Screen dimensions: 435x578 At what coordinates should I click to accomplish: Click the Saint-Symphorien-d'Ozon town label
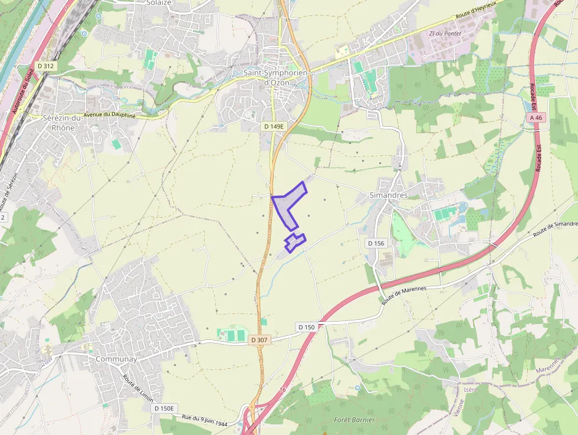pyautogui.click(x=275, y=77)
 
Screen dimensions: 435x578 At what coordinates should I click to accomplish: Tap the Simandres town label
pyautogui.click(x=388, y=195)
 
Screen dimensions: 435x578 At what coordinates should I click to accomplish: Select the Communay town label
pyautogui.click(x=116, y=359)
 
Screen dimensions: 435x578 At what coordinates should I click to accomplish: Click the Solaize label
pyautogui.click(x=158, y=3)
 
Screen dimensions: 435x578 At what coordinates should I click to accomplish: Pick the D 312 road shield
pyautogui.click(x=45, y=66)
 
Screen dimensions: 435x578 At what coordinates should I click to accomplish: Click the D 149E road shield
pyautogui.click(x=274, y=126)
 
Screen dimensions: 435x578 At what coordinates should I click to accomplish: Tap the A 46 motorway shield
pyautogui.click(x=536, y=118)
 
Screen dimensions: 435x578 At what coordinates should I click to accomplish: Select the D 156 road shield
pyautogui.click(x=376, y=243)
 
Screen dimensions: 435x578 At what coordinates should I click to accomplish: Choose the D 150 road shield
pyautogui.click(x=307, y=327)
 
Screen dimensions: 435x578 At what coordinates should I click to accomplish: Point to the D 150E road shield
pyautogui.click(x=165, y=408)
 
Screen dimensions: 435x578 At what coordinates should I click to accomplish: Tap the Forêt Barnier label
pyautogui.click(x=354, y=420)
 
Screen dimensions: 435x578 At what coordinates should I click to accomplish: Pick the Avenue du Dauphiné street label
pyautogui.click(x=110, y=116)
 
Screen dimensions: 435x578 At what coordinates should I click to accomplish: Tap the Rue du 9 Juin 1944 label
pyautogui.click(x=205, y=420)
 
